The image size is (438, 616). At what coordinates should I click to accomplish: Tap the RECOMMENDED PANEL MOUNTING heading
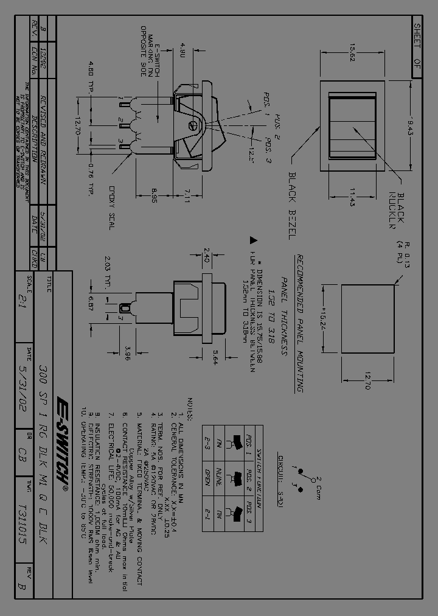click(299, 323)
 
